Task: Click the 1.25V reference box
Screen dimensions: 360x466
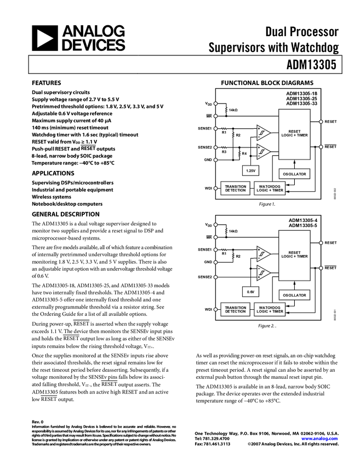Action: click(x=250, y=171)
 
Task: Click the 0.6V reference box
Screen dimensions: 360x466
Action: click(x=250, y=292)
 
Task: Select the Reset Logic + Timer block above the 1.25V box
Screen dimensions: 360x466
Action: click(x=294, y=134)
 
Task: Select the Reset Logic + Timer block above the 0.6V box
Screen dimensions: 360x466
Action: click(x=294, y=255)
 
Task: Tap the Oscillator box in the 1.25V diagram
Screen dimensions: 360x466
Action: click(x=294, y=174)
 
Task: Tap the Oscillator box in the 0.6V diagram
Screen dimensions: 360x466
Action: click(x=294, y=295)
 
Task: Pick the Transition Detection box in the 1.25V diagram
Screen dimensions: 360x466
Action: click(x=236, y=189)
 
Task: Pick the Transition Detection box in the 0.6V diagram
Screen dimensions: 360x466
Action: click(x=236, y=310)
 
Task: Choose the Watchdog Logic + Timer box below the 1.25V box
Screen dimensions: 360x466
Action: click(x=270, y=189)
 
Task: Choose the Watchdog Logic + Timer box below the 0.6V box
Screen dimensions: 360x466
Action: click(x=270, y=310)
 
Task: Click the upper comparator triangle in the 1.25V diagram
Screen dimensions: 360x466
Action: click(x=263, y=133)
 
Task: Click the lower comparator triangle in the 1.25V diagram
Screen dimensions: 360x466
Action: click(x=263, y=151)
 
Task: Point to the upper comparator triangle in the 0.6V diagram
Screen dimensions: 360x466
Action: click(x=263, y=254)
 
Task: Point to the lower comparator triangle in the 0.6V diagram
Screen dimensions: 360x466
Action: click(x=263, y=272)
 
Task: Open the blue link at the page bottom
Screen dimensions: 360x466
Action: click(x=319, y=439)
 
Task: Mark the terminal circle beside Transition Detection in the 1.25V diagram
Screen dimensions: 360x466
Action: click(x=215, y=189)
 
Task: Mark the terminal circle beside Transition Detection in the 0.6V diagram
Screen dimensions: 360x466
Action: click(x=215, y=310)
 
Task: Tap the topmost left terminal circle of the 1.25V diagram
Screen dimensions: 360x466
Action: click(x=215, y=104)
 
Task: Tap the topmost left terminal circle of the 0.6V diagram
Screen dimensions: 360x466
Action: click(x=215, y=225)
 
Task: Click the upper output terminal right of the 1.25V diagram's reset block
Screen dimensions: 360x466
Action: click(x=321, y=122)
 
